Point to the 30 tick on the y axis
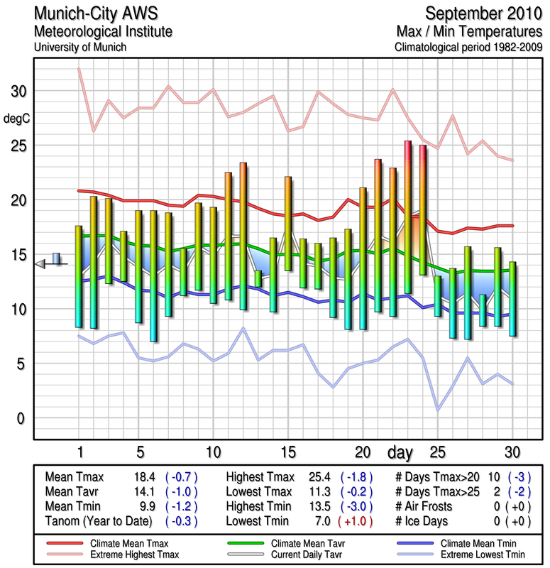18,92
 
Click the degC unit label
17,119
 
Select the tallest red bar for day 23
408,217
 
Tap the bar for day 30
512,298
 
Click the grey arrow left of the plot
40,264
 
